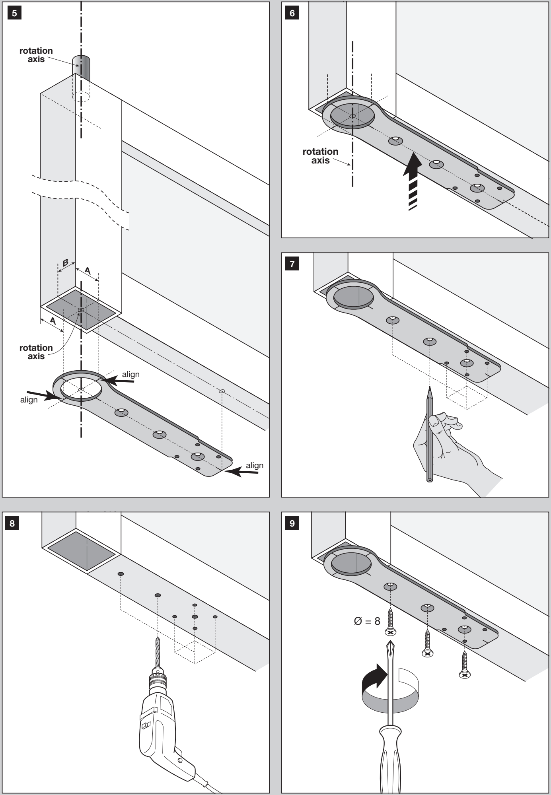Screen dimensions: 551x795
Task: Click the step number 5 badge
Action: [14, 13]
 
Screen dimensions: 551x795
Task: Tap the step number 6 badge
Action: [292, 13]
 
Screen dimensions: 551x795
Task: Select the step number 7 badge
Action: [292, 264]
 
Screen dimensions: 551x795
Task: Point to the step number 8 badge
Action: [12, 523]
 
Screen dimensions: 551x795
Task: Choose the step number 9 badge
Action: [292, 523]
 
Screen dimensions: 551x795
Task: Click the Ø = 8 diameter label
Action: [367, 621]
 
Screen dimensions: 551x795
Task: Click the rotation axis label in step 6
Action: [320, 156]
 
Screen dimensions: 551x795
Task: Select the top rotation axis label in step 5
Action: [36, 55]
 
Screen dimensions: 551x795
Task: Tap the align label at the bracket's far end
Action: [255, 465]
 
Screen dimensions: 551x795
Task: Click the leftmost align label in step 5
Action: [29, 400]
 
